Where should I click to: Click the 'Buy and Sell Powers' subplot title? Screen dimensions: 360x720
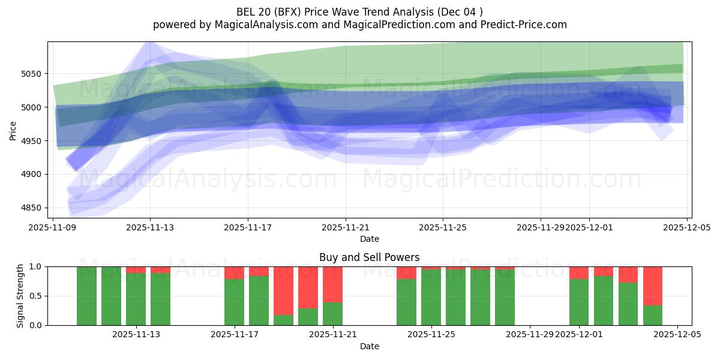pos(369,257)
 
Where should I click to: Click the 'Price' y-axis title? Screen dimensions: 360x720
pos(13,130)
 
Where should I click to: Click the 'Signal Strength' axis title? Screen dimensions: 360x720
pos(20,296)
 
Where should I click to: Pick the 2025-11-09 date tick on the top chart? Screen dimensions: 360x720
pos(53,228)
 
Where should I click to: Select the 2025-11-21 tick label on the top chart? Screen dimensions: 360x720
pos(346,228)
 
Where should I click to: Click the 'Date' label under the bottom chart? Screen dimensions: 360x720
pos(369,346)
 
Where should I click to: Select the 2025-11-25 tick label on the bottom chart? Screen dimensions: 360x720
pos(431,335)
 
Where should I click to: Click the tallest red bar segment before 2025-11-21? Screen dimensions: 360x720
pos(283,290)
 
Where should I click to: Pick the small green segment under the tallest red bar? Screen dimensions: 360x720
pos(283,320)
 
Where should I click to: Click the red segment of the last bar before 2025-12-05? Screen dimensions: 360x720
pos(653,286)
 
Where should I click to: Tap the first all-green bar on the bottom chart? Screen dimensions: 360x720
pos(86,296)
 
